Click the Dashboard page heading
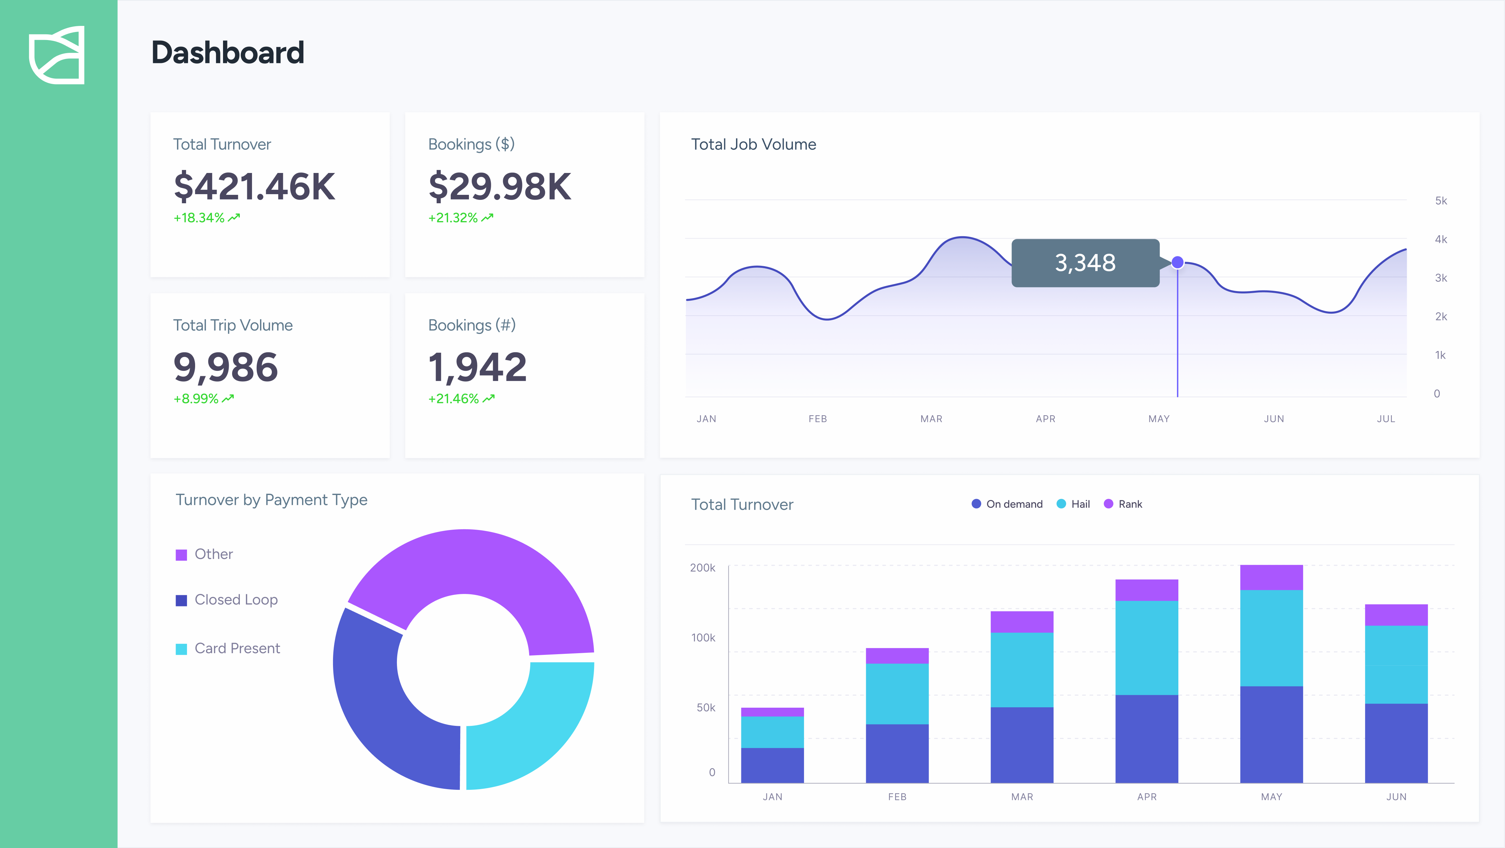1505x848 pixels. coord(227,52)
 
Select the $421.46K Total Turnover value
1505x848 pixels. coord(254,186)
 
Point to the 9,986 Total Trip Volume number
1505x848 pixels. coord(225,367)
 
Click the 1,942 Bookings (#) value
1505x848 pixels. coord(477,367)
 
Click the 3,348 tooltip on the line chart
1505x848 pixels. coord(1085,263)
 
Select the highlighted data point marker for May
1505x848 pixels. coord(1177,262)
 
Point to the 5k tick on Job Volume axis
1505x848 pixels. coord(1441,201)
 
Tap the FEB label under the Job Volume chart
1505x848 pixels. coord(817,419)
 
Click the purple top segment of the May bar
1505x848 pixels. coord(1271,577)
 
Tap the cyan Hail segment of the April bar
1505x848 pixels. coord(1146,647)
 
